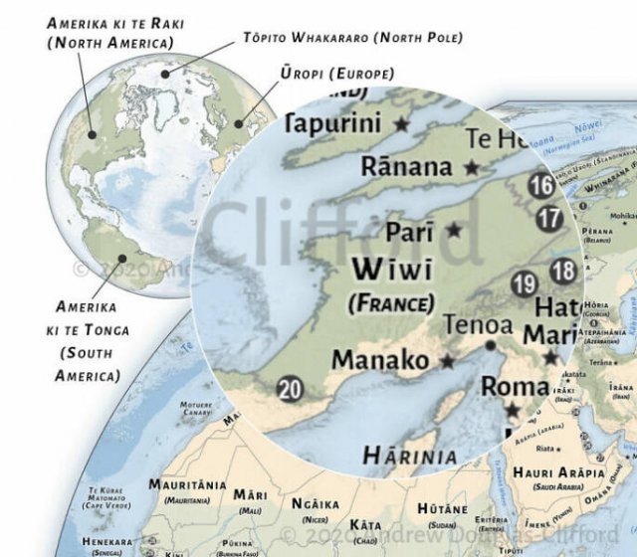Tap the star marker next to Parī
pos(454,230)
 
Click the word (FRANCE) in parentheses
pos(391,301)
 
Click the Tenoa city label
pos(478,325)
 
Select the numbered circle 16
pos(541,185)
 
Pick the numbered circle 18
pos(563,270)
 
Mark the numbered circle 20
pos(290,389)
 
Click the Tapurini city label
pos(333,124)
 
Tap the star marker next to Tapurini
pos(402,124)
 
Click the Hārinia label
pos(410,457)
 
